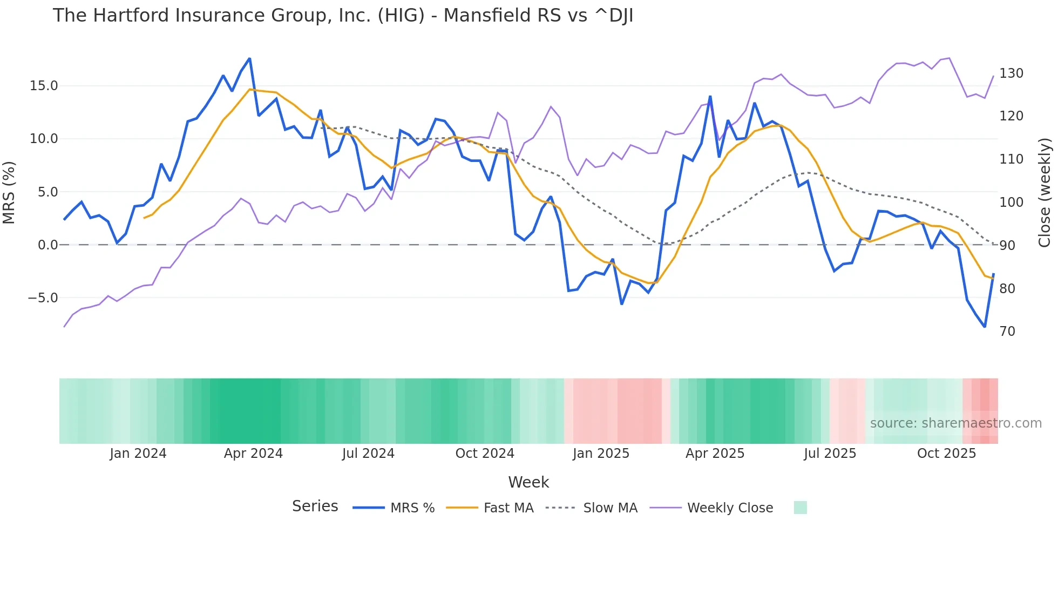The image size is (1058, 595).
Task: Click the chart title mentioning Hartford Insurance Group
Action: [343, 16]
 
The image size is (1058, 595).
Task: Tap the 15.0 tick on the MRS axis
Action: [43, 86]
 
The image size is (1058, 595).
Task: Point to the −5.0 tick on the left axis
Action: [42, 298]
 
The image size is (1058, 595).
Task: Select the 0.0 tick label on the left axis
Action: [48, 245]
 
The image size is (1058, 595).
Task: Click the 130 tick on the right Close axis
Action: [1011, 73]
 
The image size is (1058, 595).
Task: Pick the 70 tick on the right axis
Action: [1007, 332]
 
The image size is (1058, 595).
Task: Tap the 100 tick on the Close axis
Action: [1011, 202]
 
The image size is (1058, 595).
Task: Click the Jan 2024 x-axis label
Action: [138, 454]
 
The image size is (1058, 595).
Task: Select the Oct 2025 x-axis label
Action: [946, 454]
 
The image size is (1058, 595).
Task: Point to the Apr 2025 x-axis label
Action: [715, 454]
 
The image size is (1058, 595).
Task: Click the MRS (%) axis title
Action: [9, 192]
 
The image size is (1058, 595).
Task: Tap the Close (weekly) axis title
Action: [1045, 192]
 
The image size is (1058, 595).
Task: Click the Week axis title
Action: [528, 482]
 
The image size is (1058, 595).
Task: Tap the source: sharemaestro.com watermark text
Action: [955, 423]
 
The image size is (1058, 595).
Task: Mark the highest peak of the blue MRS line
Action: [249, 59]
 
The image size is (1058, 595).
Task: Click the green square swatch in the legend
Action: [800, 508]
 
